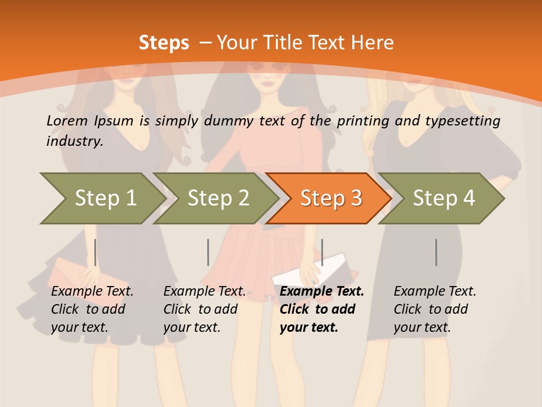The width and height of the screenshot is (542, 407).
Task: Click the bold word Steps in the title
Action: (x=164, y=42)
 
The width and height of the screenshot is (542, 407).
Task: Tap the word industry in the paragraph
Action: (x=75, y=141)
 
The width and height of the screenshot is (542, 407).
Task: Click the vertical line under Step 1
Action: (x=95, y=252)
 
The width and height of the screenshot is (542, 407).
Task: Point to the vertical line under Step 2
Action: (x=208, y=252)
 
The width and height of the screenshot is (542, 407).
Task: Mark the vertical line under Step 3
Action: (x=322, y=252)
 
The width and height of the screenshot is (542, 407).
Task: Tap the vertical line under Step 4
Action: (x=436, y=252)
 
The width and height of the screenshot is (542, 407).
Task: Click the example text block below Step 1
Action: (x=92, y=309)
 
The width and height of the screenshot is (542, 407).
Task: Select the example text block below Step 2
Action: (x=204, y=309)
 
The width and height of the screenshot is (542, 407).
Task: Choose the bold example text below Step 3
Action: (x=322, y=309)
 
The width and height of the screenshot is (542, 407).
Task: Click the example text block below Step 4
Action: (x=435, y=309)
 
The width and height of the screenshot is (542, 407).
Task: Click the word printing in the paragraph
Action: (x=359, y=121)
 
